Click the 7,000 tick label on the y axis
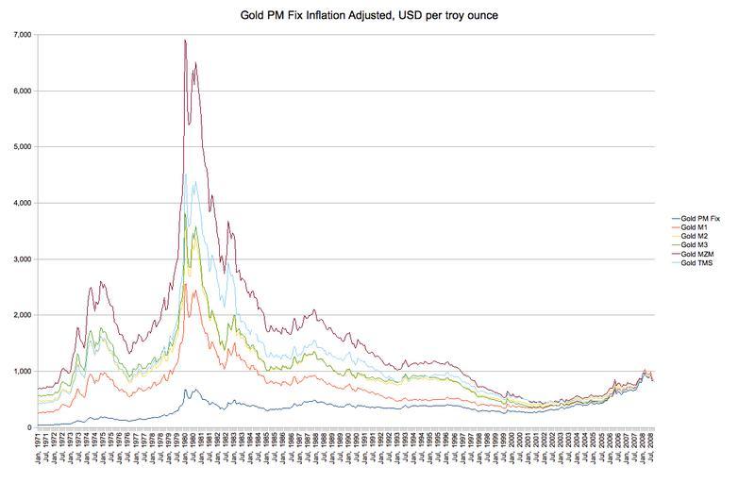[22, 35]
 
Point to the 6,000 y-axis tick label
[22, 91]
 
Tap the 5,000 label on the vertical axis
[22, 147]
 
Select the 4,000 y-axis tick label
[22, 203]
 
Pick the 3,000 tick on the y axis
[22, 258]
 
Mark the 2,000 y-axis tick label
[22, 315]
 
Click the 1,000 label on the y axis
[22, 371]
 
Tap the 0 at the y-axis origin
[29, 427]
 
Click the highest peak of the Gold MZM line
[185, 40]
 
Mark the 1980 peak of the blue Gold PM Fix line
[186, 389]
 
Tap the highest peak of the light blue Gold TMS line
[185, 174]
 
